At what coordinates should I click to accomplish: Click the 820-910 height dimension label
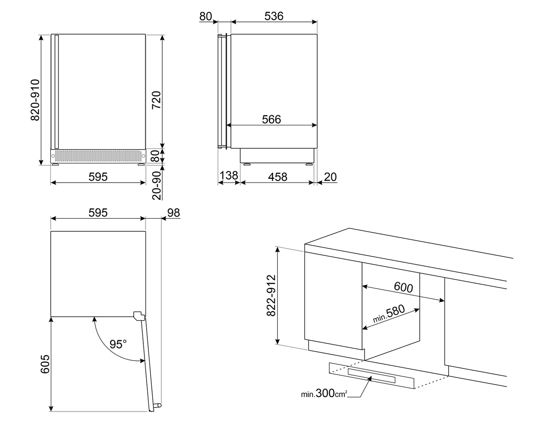[35, 100]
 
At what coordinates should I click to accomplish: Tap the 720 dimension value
[156, 100]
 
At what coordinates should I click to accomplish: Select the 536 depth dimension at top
[274, 16]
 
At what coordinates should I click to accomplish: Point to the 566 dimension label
[271, 120]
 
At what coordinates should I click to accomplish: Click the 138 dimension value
[229, 176]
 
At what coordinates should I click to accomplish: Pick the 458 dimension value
[277, 177]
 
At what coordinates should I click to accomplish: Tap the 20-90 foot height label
[156, 185]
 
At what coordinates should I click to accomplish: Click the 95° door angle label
[118, 344]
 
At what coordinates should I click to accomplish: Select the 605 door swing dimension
[45, 364]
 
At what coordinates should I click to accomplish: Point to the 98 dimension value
[173, 213]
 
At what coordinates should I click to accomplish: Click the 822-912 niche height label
[271, 295]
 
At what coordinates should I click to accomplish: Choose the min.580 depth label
[389, 314]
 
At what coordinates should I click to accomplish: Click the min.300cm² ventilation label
[324, 394]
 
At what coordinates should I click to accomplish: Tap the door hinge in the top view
[139, 315]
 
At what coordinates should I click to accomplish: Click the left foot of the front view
[55, 165]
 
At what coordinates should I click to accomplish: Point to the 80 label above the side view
[205, 16]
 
